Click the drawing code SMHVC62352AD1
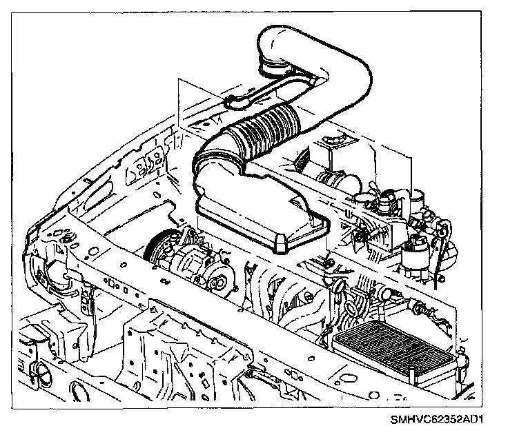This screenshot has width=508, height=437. point(446,418)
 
